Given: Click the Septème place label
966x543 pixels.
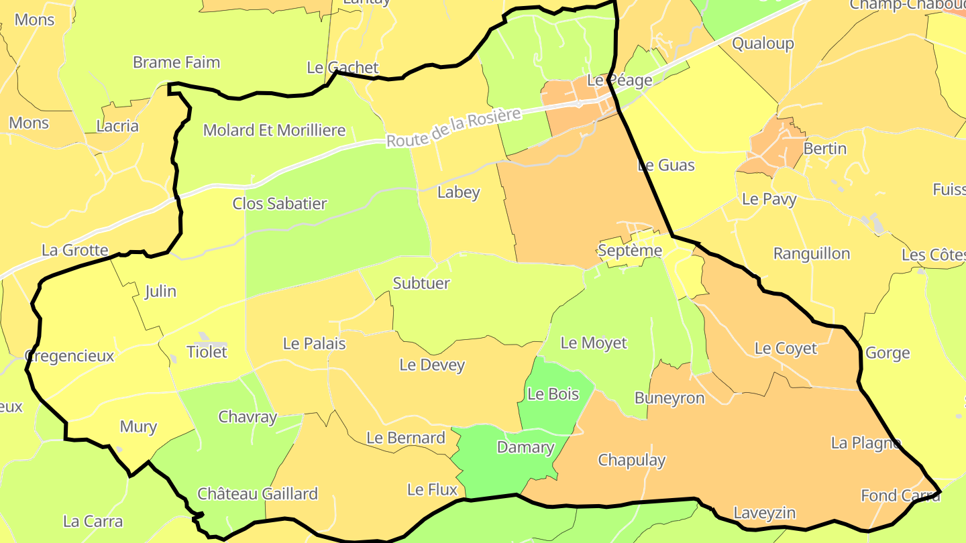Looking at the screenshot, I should point(629,251).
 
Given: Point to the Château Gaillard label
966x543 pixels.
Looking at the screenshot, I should point(257,494).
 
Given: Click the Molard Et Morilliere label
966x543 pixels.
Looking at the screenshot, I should point(274,130).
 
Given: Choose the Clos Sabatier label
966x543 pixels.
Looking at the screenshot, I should point(279,203).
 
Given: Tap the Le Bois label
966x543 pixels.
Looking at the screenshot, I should point(553,394).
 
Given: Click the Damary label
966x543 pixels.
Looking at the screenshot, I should point(525,447).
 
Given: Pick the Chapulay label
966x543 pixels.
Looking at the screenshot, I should point(631,460).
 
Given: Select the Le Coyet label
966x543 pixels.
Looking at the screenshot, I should point(786,348).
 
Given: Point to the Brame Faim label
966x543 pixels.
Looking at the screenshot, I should point(176,62).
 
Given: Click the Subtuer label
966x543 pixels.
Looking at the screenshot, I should point(421,283).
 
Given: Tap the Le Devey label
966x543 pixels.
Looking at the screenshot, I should point(432,365).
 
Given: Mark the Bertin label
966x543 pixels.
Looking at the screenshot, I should point(824,148).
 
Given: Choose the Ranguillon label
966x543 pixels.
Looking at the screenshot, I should point(811,253).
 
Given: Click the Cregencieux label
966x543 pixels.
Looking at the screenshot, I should point(69,355).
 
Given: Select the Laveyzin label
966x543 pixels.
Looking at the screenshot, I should point(764,513).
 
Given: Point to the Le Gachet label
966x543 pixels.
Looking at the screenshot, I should point(342,68).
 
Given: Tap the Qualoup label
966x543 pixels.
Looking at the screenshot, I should point(763,44).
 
